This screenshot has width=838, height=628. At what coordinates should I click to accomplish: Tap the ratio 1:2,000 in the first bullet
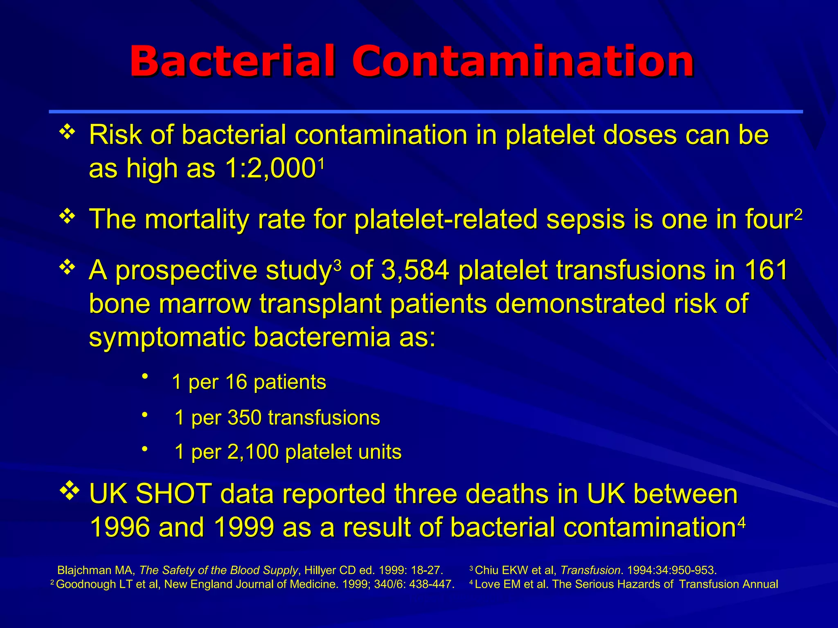(270, 168)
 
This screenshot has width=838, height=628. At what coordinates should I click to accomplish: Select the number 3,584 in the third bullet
(415, 271)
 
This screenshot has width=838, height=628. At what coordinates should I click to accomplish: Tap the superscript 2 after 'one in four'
(798, 214)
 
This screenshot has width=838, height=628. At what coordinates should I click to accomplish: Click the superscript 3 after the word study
(337, 266)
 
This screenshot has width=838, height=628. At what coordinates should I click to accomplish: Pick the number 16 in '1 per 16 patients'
(236, 382)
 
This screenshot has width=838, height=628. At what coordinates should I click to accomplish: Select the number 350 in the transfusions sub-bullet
(244, 418)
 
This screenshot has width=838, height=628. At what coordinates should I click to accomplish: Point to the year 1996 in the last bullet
(119, 527)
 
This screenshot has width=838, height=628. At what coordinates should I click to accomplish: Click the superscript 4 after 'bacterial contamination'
(741, 523)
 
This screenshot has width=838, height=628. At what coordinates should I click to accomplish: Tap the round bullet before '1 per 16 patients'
(144, 376)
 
